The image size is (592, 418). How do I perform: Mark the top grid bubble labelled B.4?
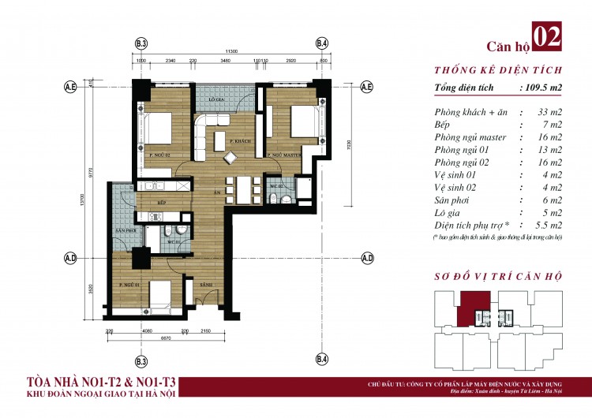pos(321,43)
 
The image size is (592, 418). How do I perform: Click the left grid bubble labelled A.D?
pos(70,258)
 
